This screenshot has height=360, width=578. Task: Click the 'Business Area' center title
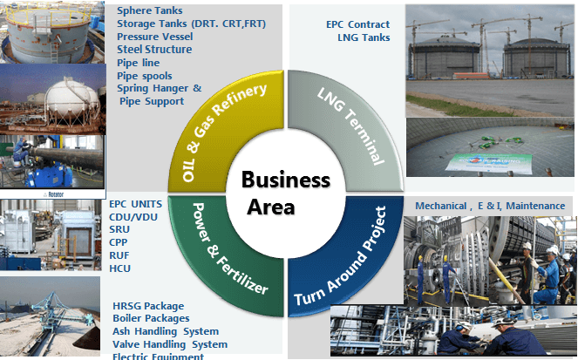(x=285, y=194)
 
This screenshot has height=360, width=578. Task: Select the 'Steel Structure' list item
(x=154, y=50)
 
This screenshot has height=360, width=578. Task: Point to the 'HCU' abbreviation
(x=120, y=269)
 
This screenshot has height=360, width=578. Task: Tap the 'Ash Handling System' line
(x=166, y=331)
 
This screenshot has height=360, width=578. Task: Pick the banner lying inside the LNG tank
(x=484, y=162)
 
